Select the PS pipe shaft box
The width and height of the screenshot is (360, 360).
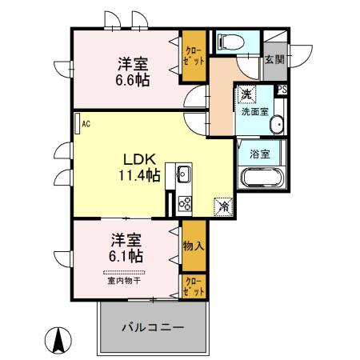[282, 90]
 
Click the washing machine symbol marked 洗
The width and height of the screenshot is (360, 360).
[247, 95]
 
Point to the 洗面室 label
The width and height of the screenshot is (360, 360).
[255, 111]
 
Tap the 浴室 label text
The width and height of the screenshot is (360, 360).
[258, 153]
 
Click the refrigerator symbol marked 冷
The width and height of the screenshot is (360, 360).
[223, 206]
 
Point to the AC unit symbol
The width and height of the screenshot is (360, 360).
[77, 123]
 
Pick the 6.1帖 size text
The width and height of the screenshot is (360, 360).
[126, 256]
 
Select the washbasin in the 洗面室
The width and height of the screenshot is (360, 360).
[276, 125]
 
